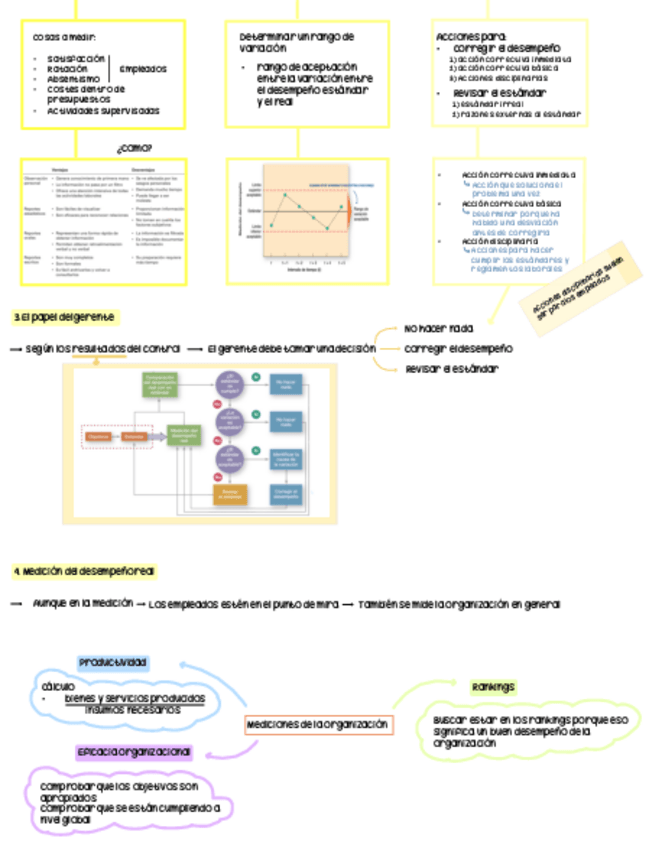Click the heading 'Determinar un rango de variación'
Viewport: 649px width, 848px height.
click(x=297, y=42)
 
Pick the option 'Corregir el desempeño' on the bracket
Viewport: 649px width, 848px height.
click(x=458, y=348)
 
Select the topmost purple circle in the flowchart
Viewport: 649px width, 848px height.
click(x=229, y=384)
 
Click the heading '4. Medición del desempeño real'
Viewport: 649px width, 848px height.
click(x=84, y=572)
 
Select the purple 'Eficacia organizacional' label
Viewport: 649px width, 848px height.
click(x=133, y=751)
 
